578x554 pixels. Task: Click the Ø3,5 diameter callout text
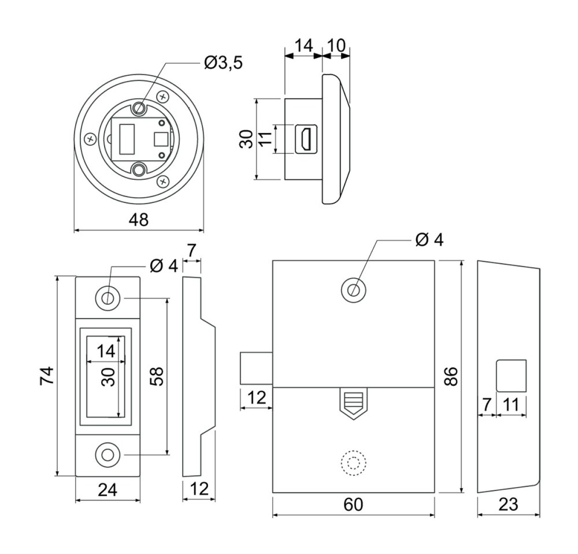click(223, 63)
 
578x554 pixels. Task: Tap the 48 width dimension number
click(138, 220)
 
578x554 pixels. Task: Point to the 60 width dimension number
click(353, 505)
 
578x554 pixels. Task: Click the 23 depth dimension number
click(508, 504)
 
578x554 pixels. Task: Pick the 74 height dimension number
click(47, 376)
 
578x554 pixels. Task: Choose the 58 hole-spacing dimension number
click(157, 377)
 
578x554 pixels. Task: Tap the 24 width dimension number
click(107, 490)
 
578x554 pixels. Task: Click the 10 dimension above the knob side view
click(337, 45)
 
